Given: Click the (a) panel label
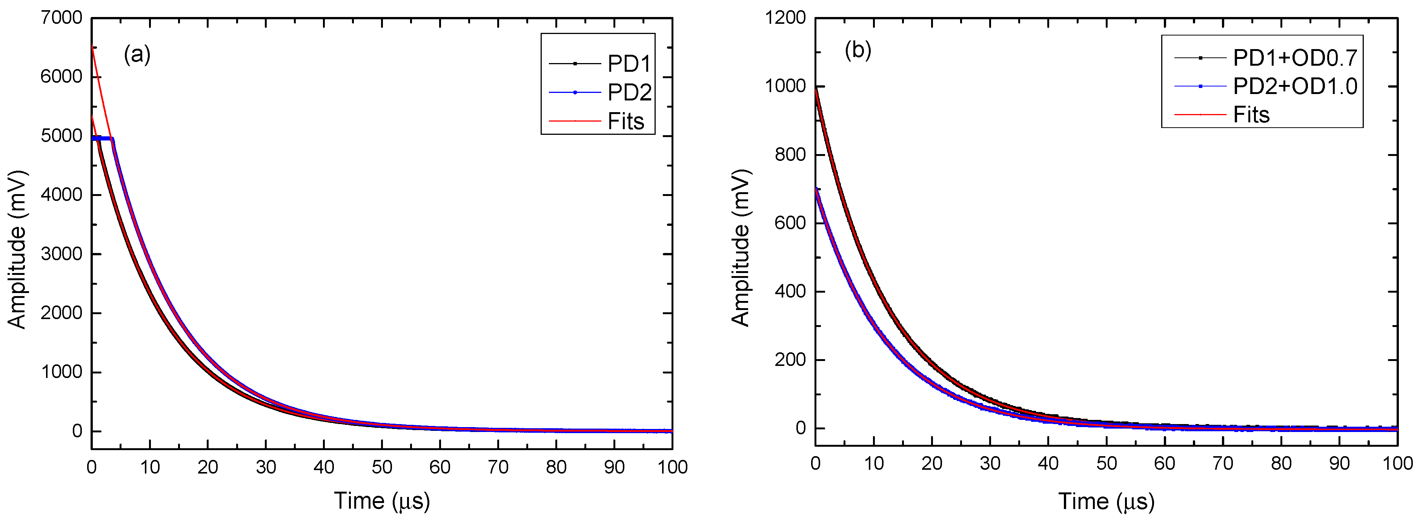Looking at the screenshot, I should coord(137,55).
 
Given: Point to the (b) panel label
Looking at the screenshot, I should coord(858,50).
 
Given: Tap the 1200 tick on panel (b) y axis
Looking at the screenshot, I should coord(785,18).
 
